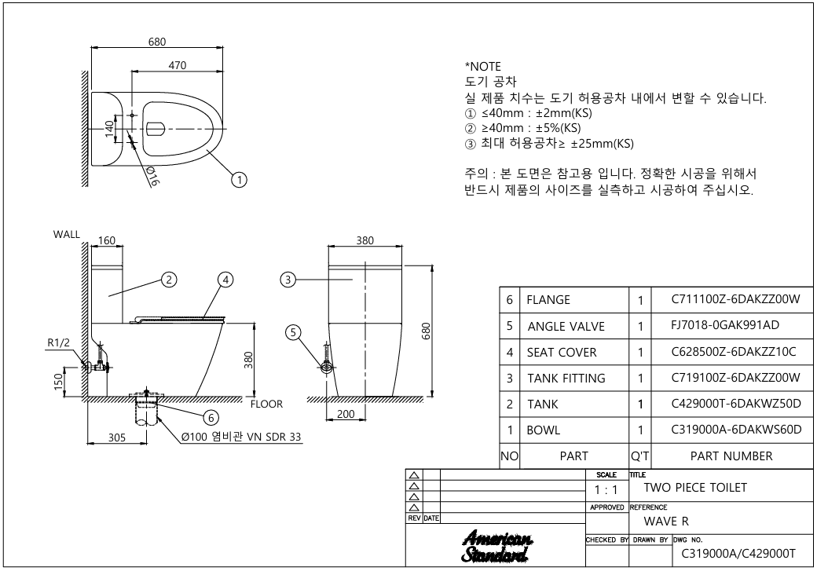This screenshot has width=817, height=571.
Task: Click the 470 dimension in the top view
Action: pyautogui.click(x=178, y=65)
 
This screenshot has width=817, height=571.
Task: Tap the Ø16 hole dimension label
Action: pyautogui.click(x=152, y=177)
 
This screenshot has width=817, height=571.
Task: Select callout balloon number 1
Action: pyautogui.click(x=239, y=180)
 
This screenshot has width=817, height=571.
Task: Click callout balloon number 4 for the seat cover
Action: pyautogui.click(x=225, y=280)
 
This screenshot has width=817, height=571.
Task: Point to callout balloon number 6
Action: pyautogui.click(x=211, y=417)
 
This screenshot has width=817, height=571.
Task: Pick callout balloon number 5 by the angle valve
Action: pyautogui.click(x=293, y=332)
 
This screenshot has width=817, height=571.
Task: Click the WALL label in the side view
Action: pyautogui.click(x=67, y=234)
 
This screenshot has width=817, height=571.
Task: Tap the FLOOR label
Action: pyautogui.click(x=267, y=404)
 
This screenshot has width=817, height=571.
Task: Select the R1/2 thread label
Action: pyautogui.click(x=58, y=342)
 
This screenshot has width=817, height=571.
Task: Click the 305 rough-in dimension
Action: pyautogui.click(x=117, y=437)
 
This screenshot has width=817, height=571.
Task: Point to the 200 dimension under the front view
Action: pyautogui.click(x=346, y=414)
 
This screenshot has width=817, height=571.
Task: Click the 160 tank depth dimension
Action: pyautogui.click(x=106, y=240)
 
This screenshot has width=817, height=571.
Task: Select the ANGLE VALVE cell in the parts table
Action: pyautogui.click(x=566, y=327)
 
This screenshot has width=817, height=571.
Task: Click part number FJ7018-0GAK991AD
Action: pyautogui.click(x=725, y=325)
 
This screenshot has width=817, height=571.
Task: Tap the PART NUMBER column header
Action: pyautogui.click(x=731, y=456)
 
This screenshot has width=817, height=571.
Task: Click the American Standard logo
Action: pyautogui.click(x=497, y=547)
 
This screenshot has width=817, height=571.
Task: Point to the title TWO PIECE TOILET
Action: pyautogui.click(x=695, y=488)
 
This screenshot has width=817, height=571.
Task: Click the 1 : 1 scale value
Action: pyautogui.click(x=606, y=490)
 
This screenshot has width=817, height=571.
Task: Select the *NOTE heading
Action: pyautogui.click(x=483, y=67)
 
